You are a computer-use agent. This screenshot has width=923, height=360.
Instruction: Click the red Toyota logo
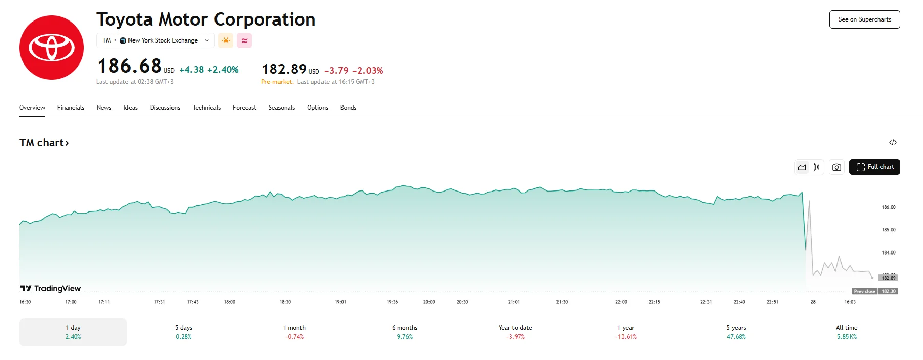coord(52,48)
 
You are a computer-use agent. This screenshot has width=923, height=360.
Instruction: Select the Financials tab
coord(71,108)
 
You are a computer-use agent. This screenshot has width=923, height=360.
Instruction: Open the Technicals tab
coord(206,108)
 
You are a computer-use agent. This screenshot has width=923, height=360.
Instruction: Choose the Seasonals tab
coord(282,108)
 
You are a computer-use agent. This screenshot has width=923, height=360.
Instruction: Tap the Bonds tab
coord(348,108)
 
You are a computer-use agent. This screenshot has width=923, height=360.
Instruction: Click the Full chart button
coord(874,167)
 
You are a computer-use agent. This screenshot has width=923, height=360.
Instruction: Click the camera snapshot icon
coord(836,167)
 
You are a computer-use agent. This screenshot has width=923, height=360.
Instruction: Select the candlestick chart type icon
coord(817,167)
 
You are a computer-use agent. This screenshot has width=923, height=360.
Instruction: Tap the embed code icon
coord(893,142)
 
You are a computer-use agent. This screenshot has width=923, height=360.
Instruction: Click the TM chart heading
coord(44,143)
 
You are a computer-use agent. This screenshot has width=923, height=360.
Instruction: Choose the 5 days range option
coord(184,332)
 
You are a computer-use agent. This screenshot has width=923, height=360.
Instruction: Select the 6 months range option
coord(404,332)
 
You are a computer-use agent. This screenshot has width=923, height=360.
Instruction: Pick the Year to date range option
coord(515,332)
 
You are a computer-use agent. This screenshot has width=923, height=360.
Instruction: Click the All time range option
coord(847,332)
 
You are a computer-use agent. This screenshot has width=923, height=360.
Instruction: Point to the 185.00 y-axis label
coord(889,230)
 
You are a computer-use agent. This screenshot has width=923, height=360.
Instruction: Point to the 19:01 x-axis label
coord(340,302)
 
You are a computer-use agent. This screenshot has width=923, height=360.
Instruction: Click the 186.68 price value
coord(130,66)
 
